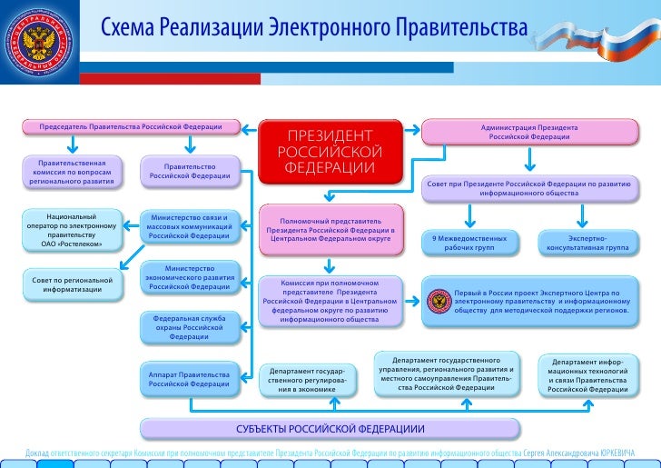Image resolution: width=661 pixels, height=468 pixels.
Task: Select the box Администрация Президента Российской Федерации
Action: pyautogui.click(x=528, y=133)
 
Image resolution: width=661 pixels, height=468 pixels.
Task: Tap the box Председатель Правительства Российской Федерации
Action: pyautogui.click(x=133, y=125)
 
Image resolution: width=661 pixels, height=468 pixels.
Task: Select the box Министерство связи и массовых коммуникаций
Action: pyautogui.click(x=189, y=226)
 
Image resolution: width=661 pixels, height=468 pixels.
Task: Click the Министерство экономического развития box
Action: pyautogui.click(x=189, y=278)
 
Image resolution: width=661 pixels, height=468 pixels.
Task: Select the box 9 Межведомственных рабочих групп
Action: pyautogui.click(x=469, y=242)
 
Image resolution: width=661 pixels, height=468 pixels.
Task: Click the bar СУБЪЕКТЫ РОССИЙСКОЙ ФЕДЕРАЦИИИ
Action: pyautogui.click(x=330, y=428)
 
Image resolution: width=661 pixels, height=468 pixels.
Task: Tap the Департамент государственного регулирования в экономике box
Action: pyautogui.click(x=307, y=380)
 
